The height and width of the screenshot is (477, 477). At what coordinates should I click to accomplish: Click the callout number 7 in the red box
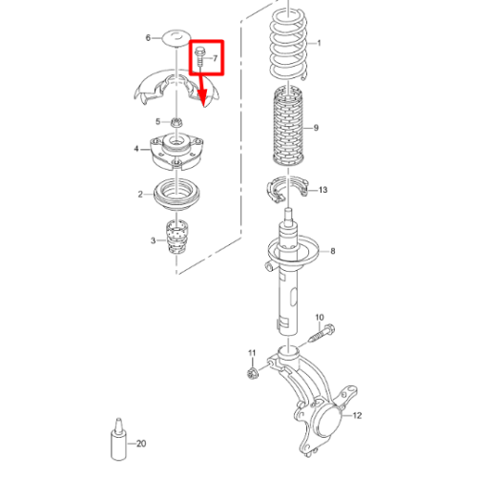(x=216, y=58)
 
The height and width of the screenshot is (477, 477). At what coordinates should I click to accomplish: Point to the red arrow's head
(x=202, y=98)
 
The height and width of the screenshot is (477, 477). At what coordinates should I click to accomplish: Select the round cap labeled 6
(x=176, y=38)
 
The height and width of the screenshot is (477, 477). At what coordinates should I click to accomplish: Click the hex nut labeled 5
(x=176, y=122)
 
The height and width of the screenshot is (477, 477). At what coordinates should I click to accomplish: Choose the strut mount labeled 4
(x=176, y=152)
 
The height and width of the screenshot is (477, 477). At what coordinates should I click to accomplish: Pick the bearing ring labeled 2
(x=177, y=195)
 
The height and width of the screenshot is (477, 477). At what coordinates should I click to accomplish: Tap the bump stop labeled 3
(x=176, y=237)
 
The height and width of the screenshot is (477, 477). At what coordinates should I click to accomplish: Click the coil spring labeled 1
(x=288, y=45)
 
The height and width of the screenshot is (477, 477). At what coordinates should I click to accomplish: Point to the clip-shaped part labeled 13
(x=287, y=188)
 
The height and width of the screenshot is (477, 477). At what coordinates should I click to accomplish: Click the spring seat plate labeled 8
(x=293, y=251)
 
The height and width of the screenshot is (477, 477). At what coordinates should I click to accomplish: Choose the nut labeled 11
(x=253, y=372)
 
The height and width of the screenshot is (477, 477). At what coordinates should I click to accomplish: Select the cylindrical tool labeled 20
(x=118, y=440)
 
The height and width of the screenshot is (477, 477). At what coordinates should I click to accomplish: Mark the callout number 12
(x=357, y=415)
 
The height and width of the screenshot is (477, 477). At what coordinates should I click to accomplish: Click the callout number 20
(x=141, y=444)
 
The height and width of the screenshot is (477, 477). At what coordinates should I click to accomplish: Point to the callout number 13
(x=322, y=190)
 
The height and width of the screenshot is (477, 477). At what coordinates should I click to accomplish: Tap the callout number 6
(x=148, y=38)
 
